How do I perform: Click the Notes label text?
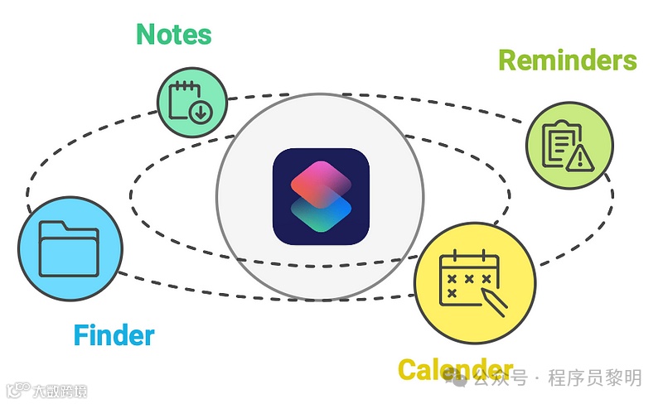[173, 34]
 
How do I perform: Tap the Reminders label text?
[567, 60]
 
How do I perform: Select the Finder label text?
[114, 335]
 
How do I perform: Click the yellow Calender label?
[455, 369]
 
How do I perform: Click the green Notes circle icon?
[191, 103]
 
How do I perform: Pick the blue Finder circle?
[70, 249]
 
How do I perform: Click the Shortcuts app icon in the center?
[321, 197]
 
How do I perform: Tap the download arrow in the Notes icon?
[201, 111]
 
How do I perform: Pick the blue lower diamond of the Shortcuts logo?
[321, 217]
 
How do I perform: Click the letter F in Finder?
[81, 335]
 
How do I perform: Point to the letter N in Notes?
[146, 34]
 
